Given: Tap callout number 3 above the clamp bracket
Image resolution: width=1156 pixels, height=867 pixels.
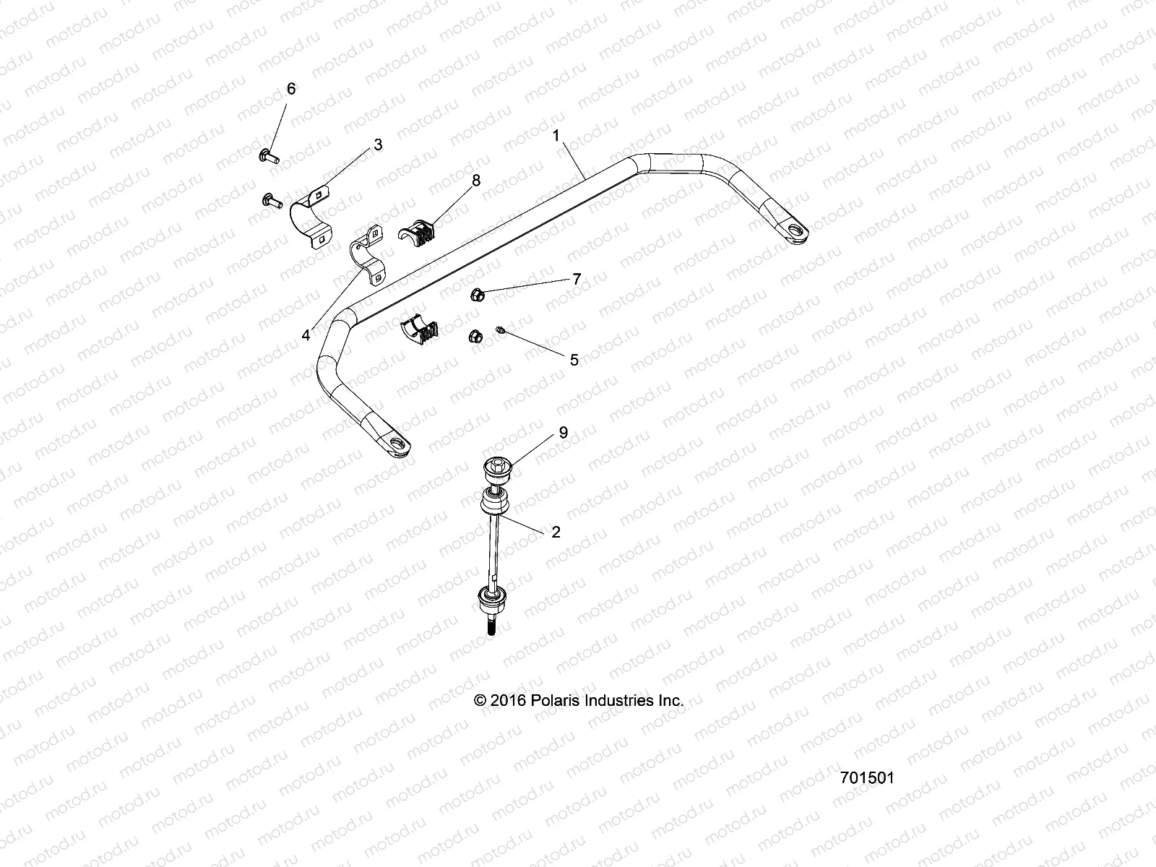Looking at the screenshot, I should (x=377, y=145).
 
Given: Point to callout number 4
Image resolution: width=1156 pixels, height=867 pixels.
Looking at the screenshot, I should (x=306, y=335).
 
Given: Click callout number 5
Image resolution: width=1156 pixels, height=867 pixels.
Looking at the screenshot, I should (x=574, y=360).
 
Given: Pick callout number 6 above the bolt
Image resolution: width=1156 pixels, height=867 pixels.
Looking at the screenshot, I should (x=291, y=89).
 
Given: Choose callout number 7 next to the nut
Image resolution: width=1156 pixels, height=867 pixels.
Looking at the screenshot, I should (x=577, y=279).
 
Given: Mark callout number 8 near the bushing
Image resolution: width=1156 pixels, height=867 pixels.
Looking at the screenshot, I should (x=475, y=181).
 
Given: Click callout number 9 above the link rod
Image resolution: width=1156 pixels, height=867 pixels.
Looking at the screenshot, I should (x=563, y=433).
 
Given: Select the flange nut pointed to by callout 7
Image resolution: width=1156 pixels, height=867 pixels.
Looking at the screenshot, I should (x=476, y=294).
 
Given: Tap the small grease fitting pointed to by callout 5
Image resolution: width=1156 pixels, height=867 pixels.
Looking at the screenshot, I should (x=499, y=331).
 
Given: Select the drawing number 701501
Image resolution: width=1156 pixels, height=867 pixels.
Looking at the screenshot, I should (x=867, y=778).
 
